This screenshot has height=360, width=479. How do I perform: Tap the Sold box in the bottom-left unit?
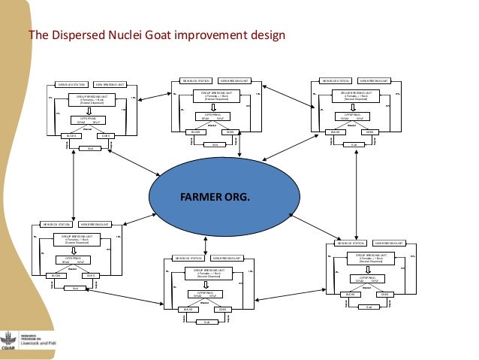(75, 287)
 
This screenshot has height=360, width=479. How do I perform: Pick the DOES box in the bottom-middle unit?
(222, 309)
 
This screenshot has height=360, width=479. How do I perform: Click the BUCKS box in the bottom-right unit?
(348, 294)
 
